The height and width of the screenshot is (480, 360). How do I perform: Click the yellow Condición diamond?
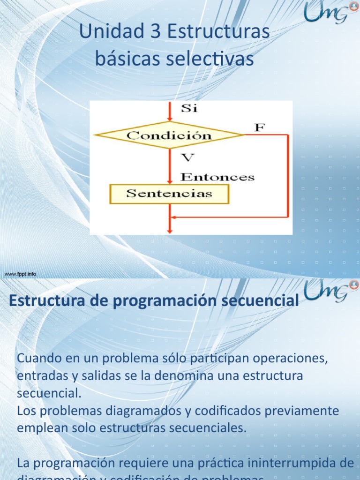point(169,135)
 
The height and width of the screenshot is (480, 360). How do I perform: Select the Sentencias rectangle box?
point(169,194)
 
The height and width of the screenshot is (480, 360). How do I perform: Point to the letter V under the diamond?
point(187,158)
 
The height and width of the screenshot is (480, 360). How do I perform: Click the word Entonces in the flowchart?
point(217,177)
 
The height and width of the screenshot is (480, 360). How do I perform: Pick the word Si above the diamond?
point(189,109)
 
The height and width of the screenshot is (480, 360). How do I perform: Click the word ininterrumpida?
point(299,463)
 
